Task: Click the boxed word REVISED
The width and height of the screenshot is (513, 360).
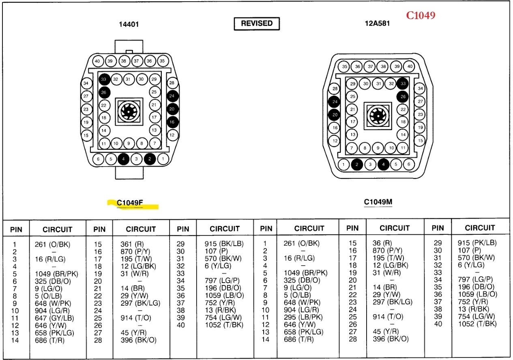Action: click(x=257, y=24)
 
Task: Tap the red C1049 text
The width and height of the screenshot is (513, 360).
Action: click(x=421, y=15)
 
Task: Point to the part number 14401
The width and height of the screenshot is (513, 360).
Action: click(x=129, y=24)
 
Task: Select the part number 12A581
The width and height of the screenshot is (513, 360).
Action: click(x=377, y=24)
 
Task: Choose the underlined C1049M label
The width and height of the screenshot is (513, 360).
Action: click(x=378, y=202)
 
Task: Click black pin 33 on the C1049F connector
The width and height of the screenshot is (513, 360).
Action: click(x=104, y=79)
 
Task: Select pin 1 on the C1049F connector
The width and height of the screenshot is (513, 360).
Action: click(x=163, y=159)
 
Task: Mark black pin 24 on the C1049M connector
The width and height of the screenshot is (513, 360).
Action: click(x=335, y=101)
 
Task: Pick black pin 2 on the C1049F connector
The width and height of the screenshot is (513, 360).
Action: click(x=150, y=159)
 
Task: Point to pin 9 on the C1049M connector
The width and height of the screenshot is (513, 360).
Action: click(x=378, y=148)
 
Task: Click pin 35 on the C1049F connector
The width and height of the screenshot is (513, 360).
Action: click(x=162, y=61)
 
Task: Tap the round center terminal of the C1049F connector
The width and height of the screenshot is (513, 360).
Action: click(x=129, y=111)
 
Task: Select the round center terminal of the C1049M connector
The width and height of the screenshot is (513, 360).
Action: click(x=378, y=116)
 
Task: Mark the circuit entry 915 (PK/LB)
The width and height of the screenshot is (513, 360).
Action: click(x=477, y=243)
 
